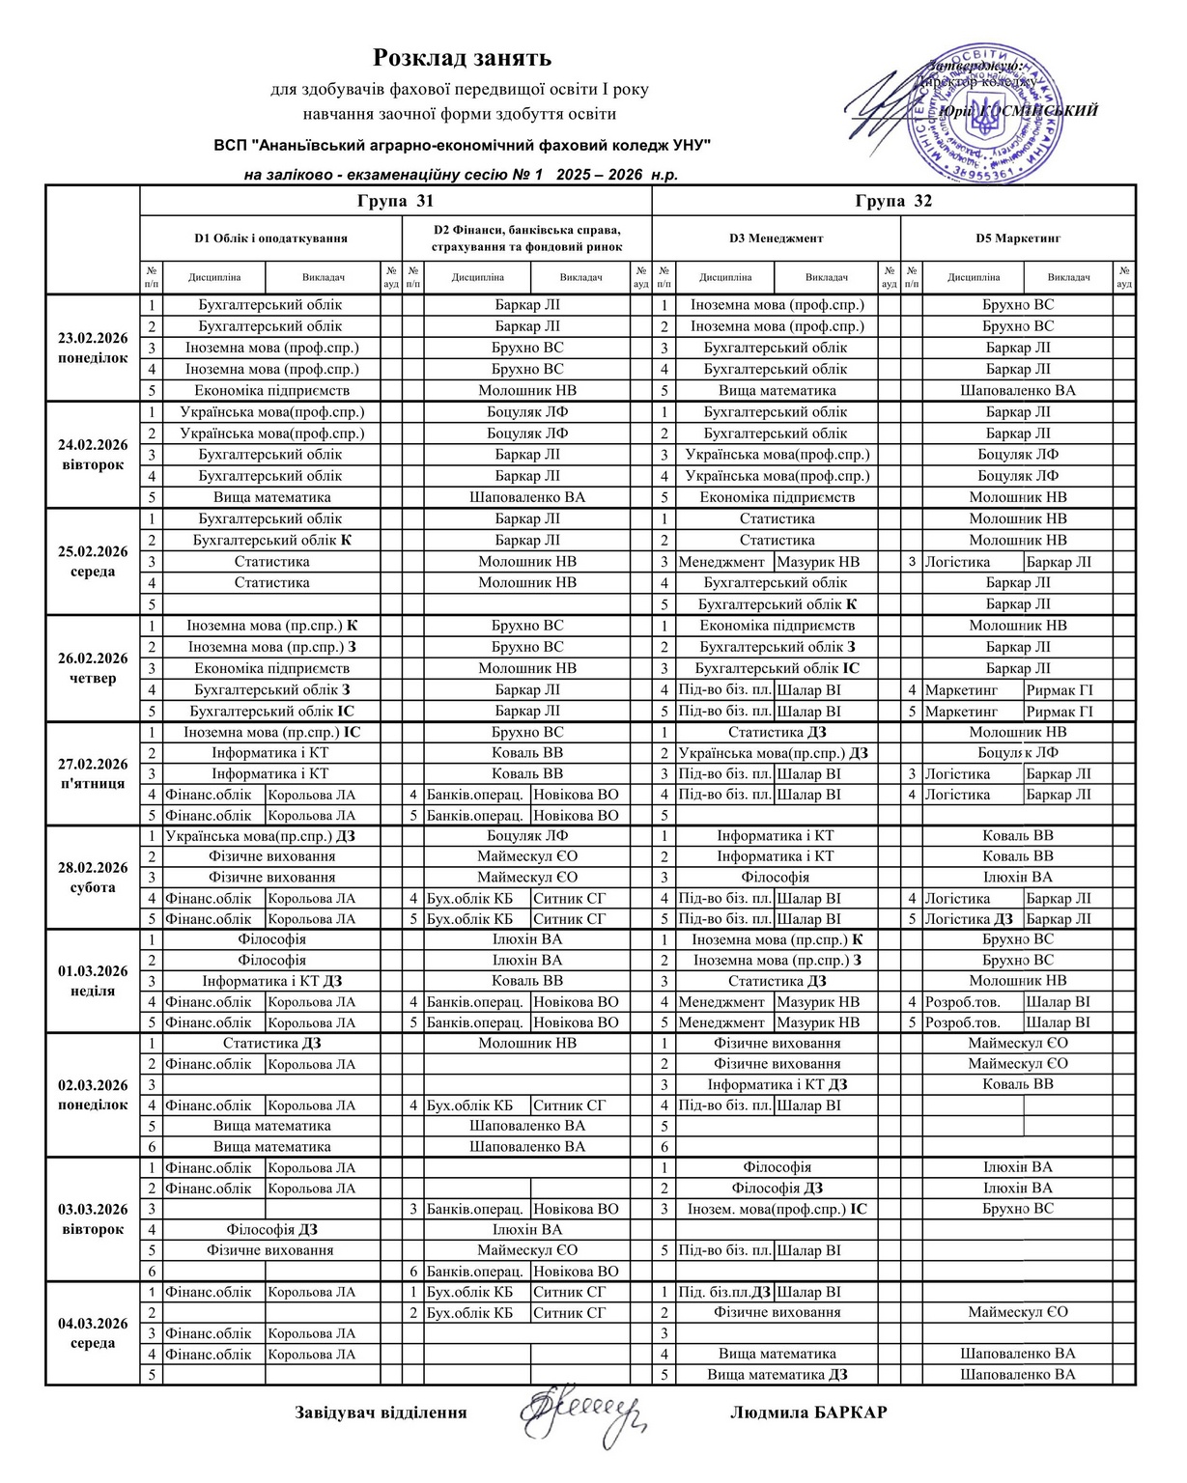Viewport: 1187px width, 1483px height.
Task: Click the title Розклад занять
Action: pos(462,59)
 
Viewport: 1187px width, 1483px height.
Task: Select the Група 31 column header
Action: pos(395,201)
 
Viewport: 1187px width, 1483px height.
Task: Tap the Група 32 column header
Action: pos(893,201)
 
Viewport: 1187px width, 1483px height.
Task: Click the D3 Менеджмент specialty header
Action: pos(776,238)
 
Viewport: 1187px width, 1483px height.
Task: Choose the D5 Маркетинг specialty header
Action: pos(1017,238)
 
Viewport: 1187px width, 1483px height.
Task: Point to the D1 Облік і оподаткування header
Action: pos(270,238)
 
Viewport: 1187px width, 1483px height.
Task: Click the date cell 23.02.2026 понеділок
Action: pos(93,348)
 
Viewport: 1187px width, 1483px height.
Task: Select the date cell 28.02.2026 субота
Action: pos(93,877)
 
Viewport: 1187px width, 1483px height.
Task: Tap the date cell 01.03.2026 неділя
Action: pos(93,980)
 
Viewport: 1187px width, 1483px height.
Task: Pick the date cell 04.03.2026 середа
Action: pos(93,1332)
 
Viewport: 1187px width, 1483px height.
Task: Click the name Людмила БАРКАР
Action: pos(808,1413)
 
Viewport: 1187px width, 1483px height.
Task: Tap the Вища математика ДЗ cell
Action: pos(777,1374)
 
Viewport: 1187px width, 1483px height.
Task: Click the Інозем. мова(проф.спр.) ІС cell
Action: pos(777,1209)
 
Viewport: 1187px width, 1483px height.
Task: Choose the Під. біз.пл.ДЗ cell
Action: pos(724,1292)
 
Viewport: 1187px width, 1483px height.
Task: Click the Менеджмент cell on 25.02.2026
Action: pos(721,562)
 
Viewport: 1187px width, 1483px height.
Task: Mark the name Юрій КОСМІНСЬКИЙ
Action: pos(1019,111)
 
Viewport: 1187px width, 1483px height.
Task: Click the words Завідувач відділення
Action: pos(381,1413)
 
